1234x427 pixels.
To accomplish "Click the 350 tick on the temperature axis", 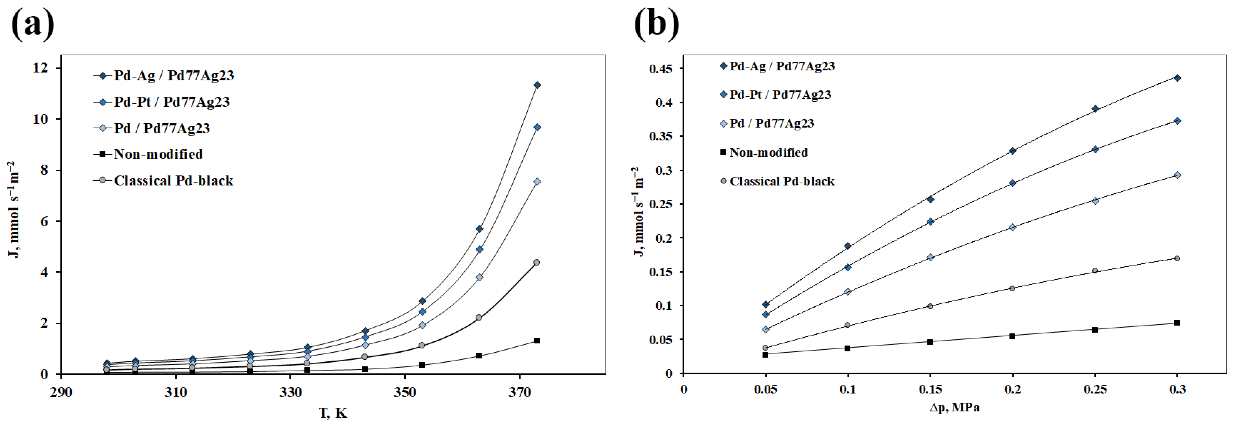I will pyautogui.click(x=405, y=392).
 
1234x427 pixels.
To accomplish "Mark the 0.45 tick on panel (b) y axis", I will pyautogui.click(x=660, y=69).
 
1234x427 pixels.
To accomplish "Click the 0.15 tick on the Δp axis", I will pyautogui.click(x=930, y=389).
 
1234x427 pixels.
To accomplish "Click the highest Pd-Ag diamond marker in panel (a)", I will pyautogui.click(x=537, y=85).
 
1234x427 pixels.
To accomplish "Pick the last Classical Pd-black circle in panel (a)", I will pyautogui.click(x=537, y=262).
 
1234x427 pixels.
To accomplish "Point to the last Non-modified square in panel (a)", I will pyautogui.click(x=537, y=341).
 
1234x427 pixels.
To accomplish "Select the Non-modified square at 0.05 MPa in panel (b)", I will pyautogui.click(x=765, y=355).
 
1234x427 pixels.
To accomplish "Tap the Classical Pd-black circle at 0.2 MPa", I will pyautogui.click(x=1012, y=288).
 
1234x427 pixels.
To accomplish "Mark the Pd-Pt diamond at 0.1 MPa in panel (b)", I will pyautogui.click(x=848, y=267).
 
